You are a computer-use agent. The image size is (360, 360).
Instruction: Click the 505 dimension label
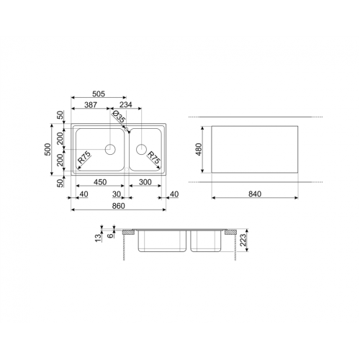(99, 94)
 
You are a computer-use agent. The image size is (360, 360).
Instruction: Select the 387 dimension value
(91, 104)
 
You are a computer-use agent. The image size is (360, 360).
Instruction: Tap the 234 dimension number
(126, 104)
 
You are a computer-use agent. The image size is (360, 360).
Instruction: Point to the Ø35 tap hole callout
(119, 117)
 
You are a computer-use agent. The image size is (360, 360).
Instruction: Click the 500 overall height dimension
(48, 149)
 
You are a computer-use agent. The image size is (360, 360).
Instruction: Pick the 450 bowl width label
(100, 182)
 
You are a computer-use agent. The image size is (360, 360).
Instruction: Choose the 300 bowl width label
(145, 182)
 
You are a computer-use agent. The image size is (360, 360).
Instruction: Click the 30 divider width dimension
(117, 194)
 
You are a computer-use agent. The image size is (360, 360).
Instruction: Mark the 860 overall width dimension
(119, 206)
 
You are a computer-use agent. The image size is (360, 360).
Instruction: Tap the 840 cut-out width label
(255, 194)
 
